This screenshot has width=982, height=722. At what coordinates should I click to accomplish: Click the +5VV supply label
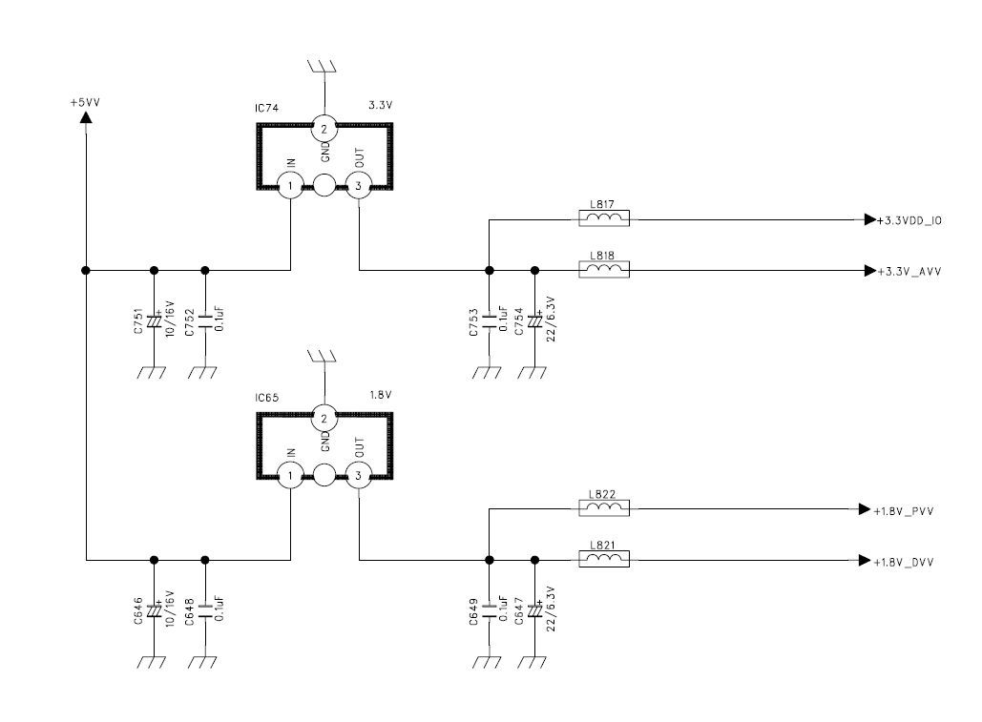(x=85, y=103)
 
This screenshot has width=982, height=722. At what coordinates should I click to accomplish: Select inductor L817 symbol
(x=604, y=218)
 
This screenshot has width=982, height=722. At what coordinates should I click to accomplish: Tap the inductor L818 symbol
(x=604, y=270)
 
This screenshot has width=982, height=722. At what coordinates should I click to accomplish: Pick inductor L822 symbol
(x=604, y=508)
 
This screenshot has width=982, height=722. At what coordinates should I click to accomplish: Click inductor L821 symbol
(x=604, y=559)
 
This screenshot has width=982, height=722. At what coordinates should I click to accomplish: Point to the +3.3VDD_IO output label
(x=909, y=221)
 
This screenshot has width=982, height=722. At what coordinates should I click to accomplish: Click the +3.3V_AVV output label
(x=909, y=272)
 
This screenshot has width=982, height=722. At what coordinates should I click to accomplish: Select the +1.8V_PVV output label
(x=903, y=511)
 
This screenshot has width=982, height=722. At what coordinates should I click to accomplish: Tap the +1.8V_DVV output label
(x=903, y=563)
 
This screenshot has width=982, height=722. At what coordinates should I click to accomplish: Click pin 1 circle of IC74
(x=290, y=186)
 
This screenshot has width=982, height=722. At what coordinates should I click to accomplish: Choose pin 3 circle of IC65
(x=358, y=476)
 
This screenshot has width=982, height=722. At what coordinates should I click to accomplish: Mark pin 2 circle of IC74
(x=324, y=130)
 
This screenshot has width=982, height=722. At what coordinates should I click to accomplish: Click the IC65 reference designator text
(x=267, y=398)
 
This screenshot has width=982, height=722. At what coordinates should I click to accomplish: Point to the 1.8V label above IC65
(x=380, y=395)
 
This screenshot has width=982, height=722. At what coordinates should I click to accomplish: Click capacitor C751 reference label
(x=138, y=321)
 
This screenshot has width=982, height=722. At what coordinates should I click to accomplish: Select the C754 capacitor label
(x=519, y=321)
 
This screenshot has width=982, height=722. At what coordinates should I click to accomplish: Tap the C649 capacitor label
(x=473, y=612)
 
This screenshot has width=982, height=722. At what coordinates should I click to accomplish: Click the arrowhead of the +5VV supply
(x=86, y=116)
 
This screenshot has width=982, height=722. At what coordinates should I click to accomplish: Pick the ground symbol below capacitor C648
(x=203, y=662)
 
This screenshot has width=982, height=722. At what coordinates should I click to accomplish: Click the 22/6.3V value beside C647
(x=552, y=609)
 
